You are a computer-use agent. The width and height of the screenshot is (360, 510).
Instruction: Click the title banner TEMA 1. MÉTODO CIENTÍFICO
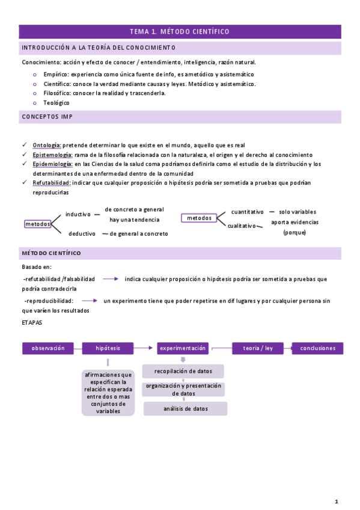click(180, 32)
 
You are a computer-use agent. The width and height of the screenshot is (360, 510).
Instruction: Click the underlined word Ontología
click(47, 145)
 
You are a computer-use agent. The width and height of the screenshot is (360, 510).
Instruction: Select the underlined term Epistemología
click(52, 155)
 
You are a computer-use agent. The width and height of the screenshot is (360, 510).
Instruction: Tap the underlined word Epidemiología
click(52, 164)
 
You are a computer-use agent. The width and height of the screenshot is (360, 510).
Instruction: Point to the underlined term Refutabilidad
click(52, 182)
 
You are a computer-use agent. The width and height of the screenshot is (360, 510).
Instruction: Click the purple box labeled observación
click(47, 348)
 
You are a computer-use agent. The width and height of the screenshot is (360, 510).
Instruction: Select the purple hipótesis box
click(108, 348)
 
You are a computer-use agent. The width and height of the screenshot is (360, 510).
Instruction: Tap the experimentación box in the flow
click(183, 348)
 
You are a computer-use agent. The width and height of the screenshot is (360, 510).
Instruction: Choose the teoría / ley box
click(258, 348)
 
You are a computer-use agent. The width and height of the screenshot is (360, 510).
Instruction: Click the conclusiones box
click(317, 348)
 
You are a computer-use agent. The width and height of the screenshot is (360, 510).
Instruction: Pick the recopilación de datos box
click(184, 371)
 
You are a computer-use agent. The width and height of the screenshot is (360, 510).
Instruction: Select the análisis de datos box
click(185, 409)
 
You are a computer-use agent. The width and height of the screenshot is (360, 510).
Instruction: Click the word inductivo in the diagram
click(78, 214)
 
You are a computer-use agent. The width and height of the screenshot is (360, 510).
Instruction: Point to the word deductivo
click(82, 233)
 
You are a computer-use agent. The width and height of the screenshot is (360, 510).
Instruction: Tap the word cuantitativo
click(248, 212)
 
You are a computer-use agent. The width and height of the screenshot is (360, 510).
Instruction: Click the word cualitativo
click(242, 226)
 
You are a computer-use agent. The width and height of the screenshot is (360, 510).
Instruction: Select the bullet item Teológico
click(56, 103)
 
